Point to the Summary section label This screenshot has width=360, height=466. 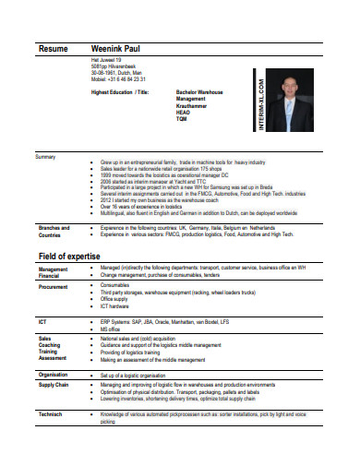coord(45,157)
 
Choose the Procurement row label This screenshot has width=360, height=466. coord(53,287)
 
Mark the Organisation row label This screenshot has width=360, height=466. coord(54,374)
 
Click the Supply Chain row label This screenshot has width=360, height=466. coord(54,384)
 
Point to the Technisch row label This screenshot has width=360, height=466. coord(50,414)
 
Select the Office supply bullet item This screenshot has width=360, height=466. coord(114,299)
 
